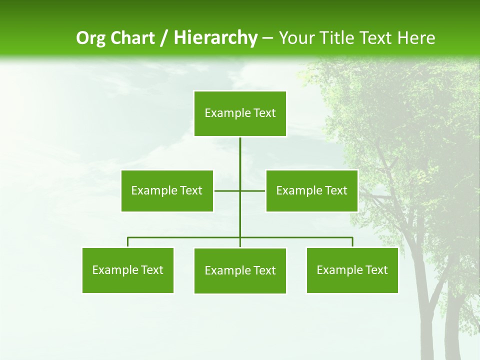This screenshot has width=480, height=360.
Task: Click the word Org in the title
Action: click(x=90, y=38)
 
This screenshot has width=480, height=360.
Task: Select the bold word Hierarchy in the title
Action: click(x=215, y=38)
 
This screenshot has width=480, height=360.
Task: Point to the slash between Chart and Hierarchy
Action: click(x=164, y=38)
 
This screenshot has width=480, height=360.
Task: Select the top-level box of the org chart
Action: click(x=240, y=113)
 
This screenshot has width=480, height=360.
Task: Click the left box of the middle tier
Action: click(x=167, y=190)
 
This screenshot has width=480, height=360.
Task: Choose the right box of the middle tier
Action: click(x=311, y=190)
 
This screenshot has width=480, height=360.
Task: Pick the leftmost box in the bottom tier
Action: click(x=128, y=270)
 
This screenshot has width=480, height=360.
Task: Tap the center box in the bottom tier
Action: click(x=240, y=270)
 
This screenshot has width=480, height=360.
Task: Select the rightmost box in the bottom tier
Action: click(x=352, y=270)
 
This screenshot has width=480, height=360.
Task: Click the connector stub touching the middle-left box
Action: click(x=225, y=190)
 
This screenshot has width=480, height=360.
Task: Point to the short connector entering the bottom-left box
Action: click(x=128, y=242)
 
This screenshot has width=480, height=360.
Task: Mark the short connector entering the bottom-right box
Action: click(x=352, y=242)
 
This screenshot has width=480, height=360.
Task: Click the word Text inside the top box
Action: click(x=264, y=113)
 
